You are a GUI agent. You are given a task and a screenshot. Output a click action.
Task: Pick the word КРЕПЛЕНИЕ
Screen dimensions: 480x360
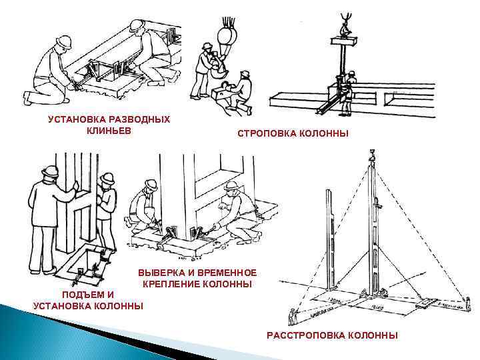(x=168, y=285)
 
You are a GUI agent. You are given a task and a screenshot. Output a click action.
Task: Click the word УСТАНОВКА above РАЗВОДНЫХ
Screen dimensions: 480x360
(x=73, y=119)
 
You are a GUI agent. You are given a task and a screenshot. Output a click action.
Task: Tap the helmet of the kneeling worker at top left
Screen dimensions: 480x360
(x=65, y=41)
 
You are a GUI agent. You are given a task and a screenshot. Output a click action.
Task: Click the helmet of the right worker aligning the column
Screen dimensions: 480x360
(x=233, y=185)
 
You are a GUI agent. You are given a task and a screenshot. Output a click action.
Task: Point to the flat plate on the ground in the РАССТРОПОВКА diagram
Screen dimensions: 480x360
(x=425, y=303)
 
